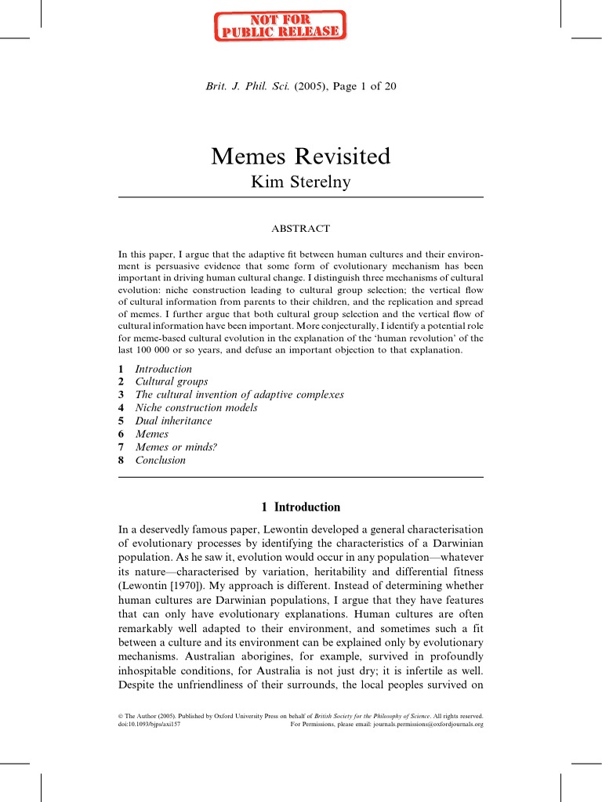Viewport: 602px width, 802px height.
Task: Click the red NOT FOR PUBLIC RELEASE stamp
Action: pyautogui.click(x=280, y=25)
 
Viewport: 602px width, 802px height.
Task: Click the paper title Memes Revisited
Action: pyautogui.click(x=300, y=156)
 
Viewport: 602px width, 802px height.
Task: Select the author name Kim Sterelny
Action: pyautogui.click(x=300, y=182)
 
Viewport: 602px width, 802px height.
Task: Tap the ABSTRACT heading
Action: pyautogui.click(x=300, y=229)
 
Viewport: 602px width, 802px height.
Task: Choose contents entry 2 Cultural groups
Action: pyautogui.click(x=171, y=382)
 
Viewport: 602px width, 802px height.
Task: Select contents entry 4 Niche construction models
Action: pyautogui.click(x=196, y=408)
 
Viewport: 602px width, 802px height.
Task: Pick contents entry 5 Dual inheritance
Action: pyautogui.click(x=173, y=421)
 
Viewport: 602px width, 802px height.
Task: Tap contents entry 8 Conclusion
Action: pyautogui.click(x=160, y=461)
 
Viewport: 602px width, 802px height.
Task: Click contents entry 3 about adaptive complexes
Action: pyautogui.click(x=239, y=395)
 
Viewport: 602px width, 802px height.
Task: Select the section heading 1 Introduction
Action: pyautogui.click(x=300, y=507)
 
